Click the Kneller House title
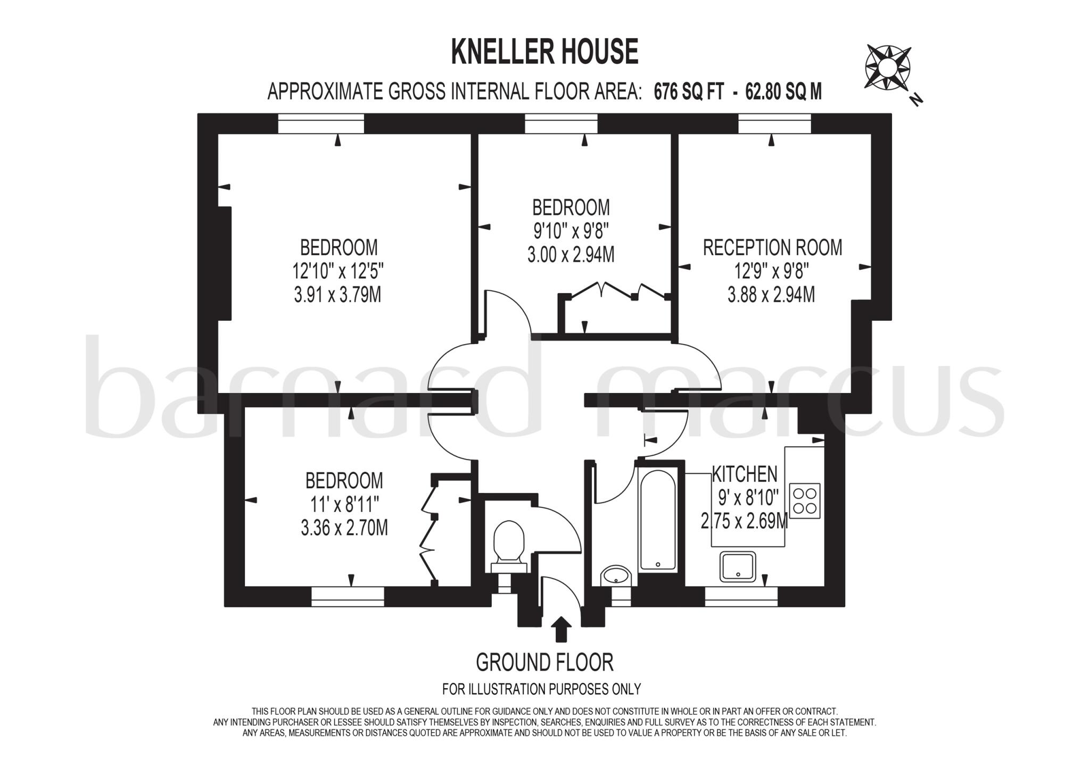(544, 52)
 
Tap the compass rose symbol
(888, 68)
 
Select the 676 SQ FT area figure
(689, 92)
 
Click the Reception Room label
(772, 248)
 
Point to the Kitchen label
(745, 473)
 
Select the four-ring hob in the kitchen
(805, 501)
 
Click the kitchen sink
(737, 567)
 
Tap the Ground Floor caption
(544, 663)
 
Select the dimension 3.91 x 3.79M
(337, 295)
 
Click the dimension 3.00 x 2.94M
(571, 255)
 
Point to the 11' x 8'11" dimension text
(344, 504)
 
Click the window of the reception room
(774, 124)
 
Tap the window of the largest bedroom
(321, 124)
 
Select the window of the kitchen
(741, 596)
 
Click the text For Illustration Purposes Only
(541, 689)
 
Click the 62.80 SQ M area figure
(783, 92)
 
